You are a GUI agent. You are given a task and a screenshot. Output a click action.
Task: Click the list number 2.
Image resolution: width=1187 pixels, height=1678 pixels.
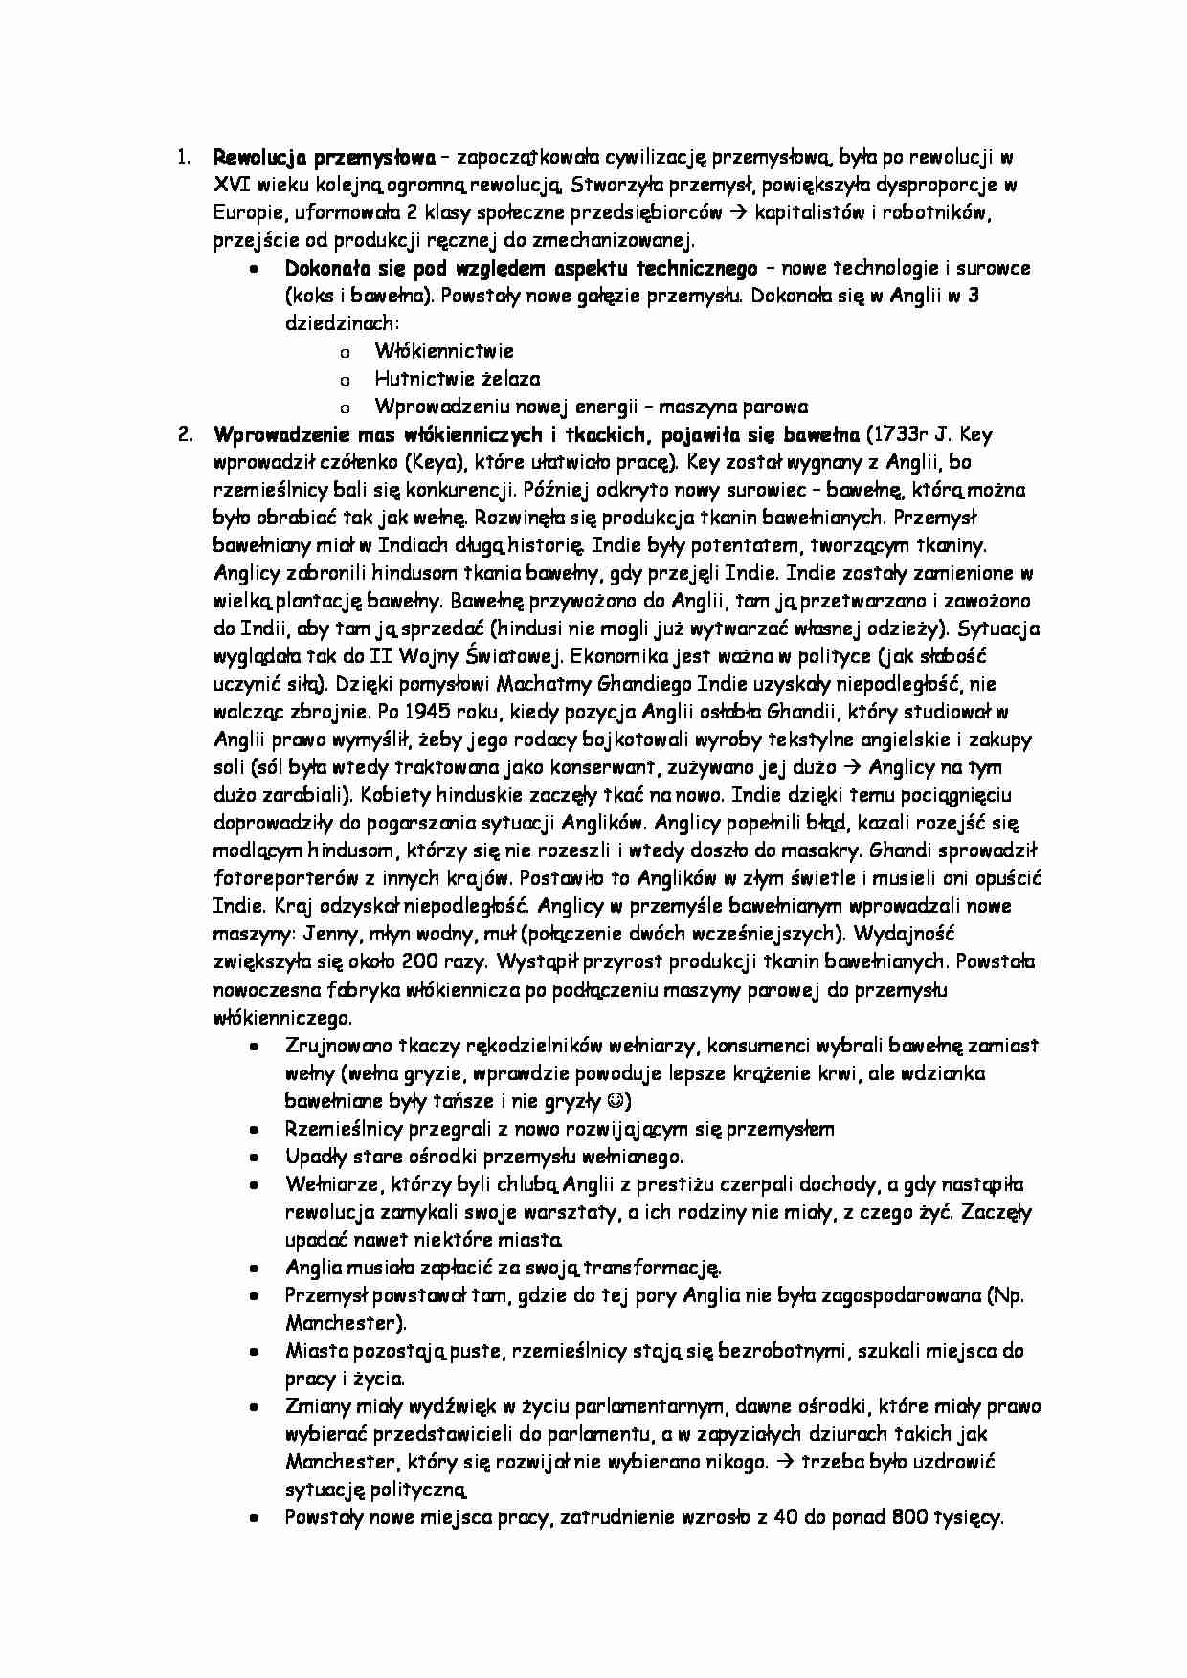pos(185,434)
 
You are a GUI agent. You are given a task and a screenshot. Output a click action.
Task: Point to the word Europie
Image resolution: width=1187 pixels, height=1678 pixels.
pos(245,211)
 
